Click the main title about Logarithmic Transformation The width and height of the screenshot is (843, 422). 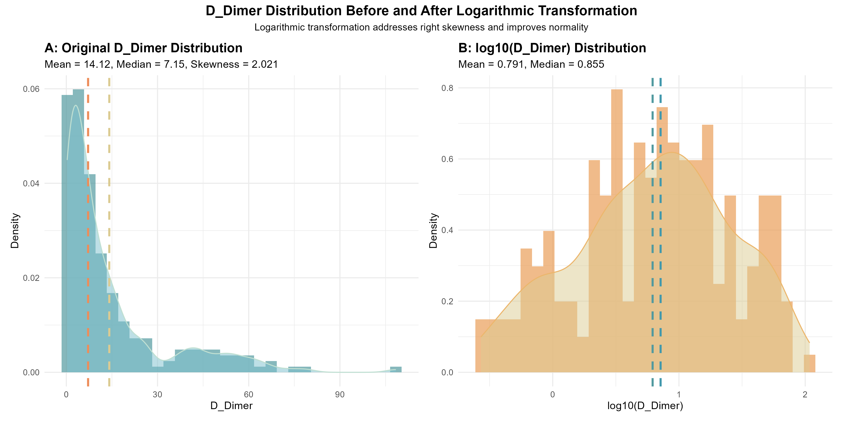[421, 11]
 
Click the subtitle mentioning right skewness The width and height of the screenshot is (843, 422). [421, 27]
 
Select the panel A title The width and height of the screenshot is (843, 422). [143, 48]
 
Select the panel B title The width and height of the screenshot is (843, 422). [552, 48]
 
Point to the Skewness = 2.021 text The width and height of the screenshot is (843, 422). [234, 64]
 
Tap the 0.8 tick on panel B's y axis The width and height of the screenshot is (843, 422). [447, 88]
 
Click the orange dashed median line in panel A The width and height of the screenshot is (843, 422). [88, 229]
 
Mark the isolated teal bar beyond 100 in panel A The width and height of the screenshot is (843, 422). [396, 369]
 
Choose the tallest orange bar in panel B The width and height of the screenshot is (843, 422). [617, 229]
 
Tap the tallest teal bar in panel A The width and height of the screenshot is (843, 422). [78, 229]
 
